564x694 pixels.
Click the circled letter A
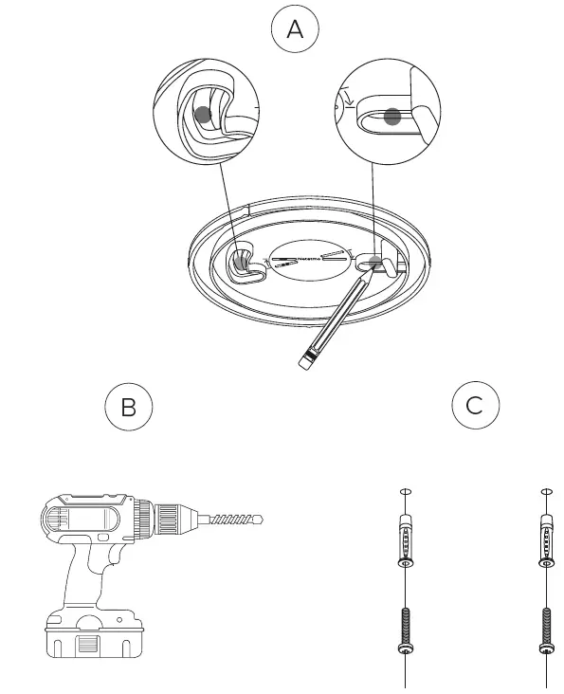[295, 29]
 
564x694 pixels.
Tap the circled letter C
[475, 405]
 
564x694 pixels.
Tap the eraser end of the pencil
[305, 361]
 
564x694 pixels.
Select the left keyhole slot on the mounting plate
[244, 265]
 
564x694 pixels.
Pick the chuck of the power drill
[170, 519]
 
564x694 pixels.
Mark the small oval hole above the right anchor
[546, 492]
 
